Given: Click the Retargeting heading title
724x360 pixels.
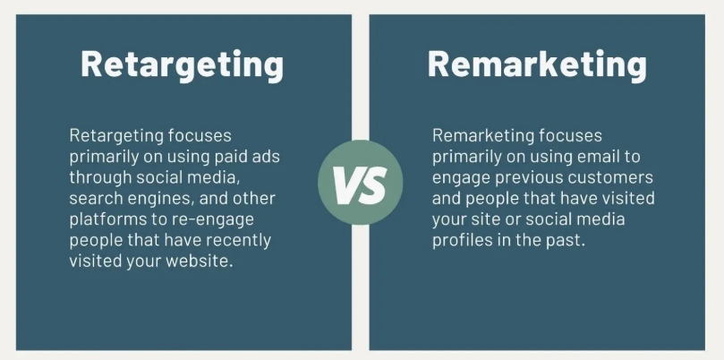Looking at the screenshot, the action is (182, 65).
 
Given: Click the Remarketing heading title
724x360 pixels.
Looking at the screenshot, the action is (537, 64).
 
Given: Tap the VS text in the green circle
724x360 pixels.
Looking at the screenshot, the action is (360, 183).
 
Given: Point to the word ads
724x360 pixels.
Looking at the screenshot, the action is (266, 157).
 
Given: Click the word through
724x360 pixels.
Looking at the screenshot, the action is (95, 177).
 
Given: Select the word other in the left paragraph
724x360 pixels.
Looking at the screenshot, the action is (254, 198).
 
